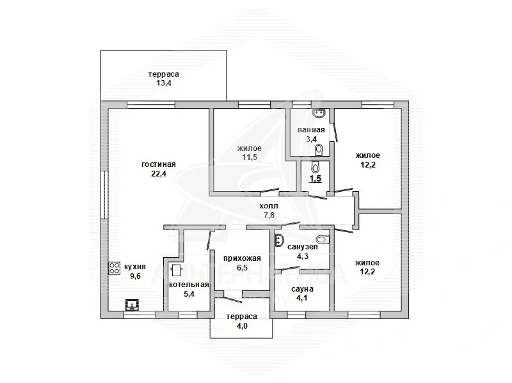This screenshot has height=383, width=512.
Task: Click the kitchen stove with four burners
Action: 115,269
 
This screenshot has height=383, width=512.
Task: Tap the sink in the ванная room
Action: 319,113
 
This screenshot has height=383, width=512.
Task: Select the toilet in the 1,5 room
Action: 315,167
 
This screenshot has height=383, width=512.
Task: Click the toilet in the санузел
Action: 323,239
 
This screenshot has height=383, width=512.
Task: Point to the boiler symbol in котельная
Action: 177,269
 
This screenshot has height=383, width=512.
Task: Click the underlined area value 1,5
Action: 316,179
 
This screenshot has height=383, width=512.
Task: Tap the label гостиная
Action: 159,164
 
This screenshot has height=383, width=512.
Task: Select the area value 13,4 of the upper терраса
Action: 164,83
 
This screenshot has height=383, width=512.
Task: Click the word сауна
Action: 302,289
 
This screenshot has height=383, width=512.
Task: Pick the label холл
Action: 269,206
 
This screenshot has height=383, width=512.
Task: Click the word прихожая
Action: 242,259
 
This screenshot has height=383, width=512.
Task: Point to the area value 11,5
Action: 250,157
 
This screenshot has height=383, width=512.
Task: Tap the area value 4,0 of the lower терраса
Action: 242,325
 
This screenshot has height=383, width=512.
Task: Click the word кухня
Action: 135,267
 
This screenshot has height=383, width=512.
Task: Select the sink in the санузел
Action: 278,240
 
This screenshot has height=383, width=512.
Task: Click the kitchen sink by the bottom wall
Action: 132,305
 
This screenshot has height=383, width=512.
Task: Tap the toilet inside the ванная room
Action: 319,150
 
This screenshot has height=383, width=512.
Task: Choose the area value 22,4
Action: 159,173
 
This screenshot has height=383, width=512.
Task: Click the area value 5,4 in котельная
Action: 189,294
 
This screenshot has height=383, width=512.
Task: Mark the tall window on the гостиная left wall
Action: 104,194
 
